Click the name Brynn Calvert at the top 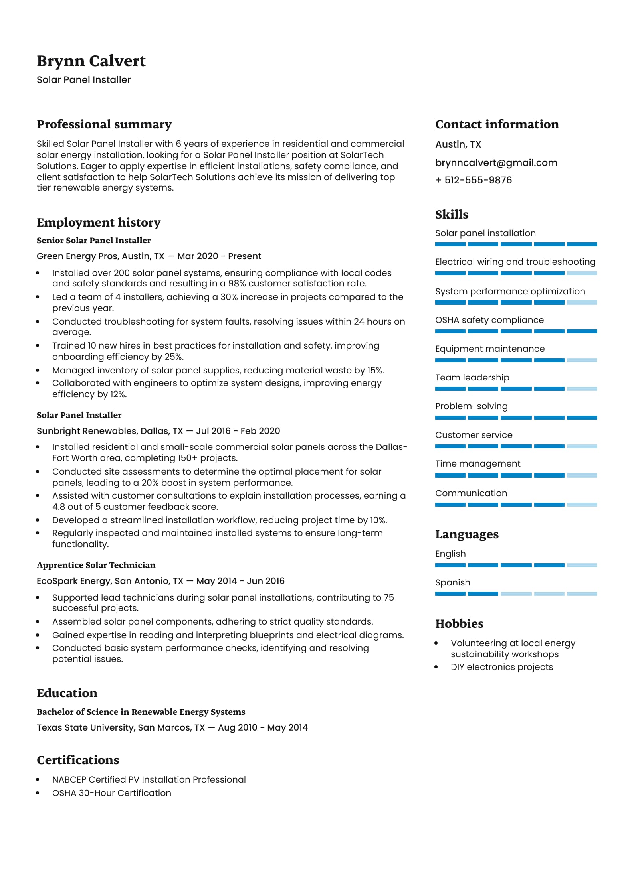[91, 61]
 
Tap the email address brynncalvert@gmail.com [496, 163]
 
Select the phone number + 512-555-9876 [474, 180]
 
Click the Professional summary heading [104, 124]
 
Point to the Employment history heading [99, 223]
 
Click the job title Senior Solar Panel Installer [93, 241]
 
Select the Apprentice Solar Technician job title [96, 565]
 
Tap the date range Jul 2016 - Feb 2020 [238, 431]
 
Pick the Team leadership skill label [472, 377]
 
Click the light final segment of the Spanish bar [582, 594]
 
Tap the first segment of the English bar [450, 565]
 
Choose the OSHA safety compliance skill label [489, 320]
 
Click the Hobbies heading [459, 624]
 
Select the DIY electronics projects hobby [501, 667]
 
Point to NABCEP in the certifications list [69, 779]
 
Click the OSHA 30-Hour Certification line [111, 793]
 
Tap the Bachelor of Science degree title [141, 712]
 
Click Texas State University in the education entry [85, 727]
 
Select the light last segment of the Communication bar [582, 505]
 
